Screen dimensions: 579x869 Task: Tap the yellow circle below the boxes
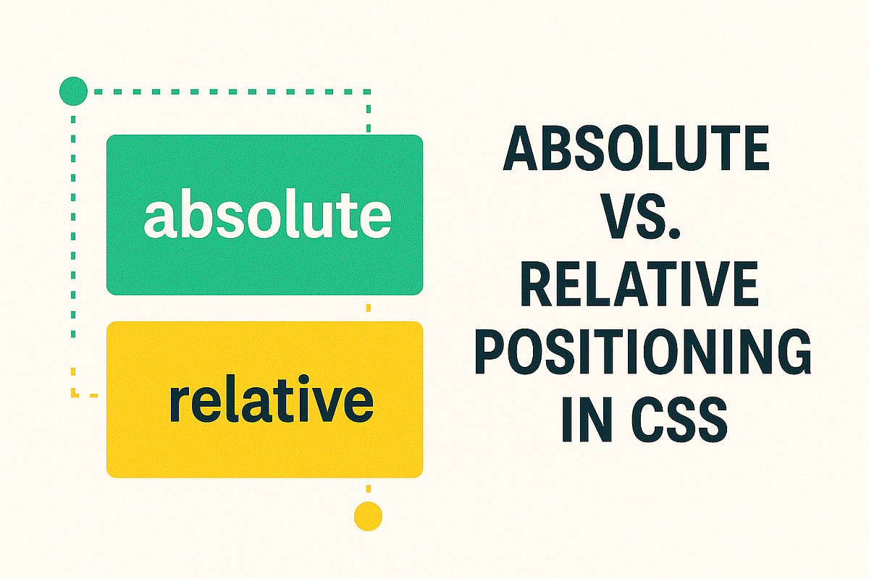pyautogui.click(x=368, y=516)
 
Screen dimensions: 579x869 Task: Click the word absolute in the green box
pyautogui.click(x=267, y=216)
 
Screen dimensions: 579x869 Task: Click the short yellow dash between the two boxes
pyautogui.click(x=369, y=308)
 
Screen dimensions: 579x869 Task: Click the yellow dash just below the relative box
pyautogui.click(x=369, y=489)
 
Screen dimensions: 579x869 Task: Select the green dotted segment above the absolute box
pyautogui.click(x=369, y=116)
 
